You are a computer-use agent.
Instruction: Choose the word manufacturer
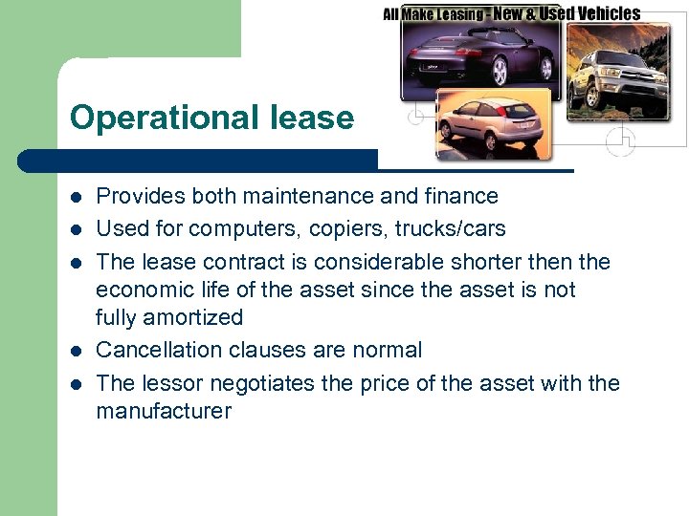(x=164, y=412)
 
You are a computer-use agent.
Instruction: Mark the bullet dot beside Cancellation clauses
(x=77, y=351)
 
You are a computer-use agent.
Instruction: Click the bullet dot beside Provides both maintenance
(x=77, y=197)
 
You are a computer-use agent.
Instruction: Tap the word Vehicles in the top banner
(x=604, y=13)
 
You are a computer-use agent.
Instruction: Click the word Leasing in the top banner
(x=456, y=14)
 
